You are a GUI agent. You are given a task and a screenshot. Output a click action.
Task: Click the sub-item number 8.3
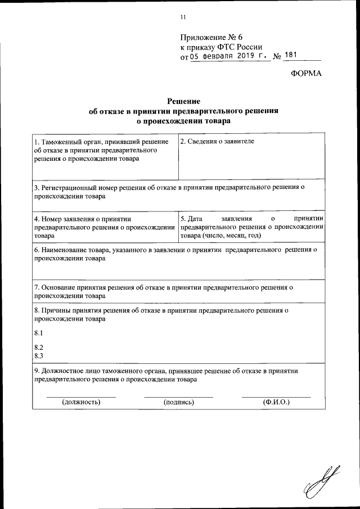39,356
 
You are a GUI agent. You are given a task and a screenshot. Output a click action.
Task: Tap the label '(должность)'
81,403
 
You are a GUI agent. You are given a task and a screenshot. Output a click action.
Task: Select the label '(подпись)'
178,403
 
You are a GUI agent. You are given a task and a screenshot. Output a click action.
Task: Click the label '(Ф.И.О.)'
276,403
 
